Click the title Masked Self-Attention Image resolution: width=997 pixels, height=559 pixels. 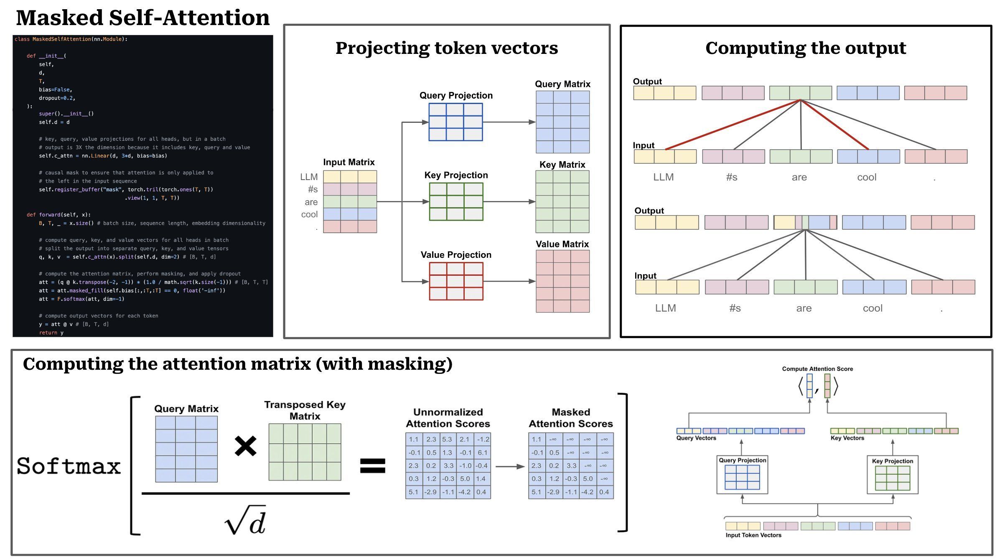143,18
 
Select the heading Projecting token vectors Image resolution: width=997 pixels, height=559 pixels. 447,48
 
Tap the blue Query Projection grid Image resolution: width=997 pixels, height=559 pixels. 456,122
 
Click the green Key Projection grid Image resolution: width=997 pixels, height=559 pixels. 456,202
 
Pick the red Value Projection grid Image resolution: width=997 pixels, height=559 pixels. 456,281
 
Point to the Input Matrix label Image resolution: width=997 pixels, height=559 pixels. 349,162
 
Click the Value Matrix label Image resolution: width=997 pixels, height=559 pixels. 562,244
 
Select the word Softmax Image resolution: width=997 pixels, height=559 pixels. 69,466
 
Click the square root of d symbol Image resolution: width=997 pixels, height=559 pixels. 245,520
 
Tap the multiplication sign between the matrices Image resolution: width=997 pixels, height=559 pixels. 246,446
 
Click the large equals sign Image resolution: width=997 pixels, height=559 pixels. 373,466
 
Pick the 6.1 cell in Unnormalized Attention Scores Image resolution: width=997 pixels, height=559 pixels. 482,452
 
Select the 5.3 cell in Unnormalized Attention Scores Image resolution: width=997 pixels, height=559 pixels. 447,440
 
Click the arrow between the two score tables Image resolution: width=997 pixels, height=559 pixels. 510,466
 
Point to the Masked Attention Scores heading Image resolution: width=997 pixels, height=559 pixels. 571,418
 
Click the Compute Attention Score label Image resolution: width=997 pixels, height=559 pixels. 817,369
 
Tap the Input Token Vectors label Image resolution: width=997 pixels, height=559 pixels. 753,535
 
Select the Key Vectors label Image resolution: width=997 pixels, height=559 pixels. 847,438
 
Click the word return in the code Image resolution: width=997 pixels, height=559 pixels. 48,333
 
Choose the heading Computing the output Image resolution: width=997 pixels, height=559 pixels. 806,48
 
